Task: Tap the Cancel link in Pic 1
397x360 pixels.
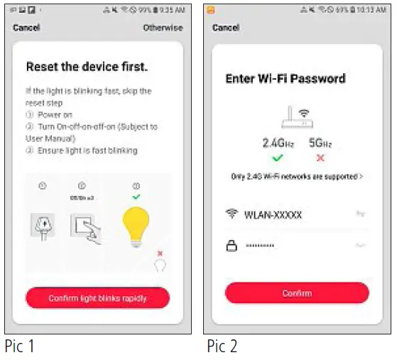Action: pos(26,28)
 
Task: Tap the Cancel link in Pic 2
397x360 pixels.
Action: pos(225,28)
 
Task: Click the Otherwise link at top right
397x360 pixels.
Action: pos(163,28)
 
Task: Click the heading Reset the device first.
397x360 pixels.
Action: pos(87,67)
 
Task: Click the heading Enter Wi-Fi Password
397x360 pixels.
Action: pos(285,78)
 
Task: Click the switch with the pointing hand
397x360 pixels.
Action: pos(85,228)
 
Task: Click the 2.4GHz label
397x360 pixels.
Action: pos(278,143)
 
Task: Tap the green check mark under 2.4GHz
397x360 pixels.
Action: pos(278,158)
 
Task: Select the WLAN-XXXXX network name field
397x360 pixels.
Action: pos(273,214)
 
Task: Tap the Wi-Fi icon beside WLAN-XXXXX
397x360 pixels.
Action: pos(231,214)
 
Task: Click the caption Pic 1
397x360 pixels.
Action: pos(20,347)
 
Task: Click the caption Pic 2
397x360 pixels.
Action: pos(223,347)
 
